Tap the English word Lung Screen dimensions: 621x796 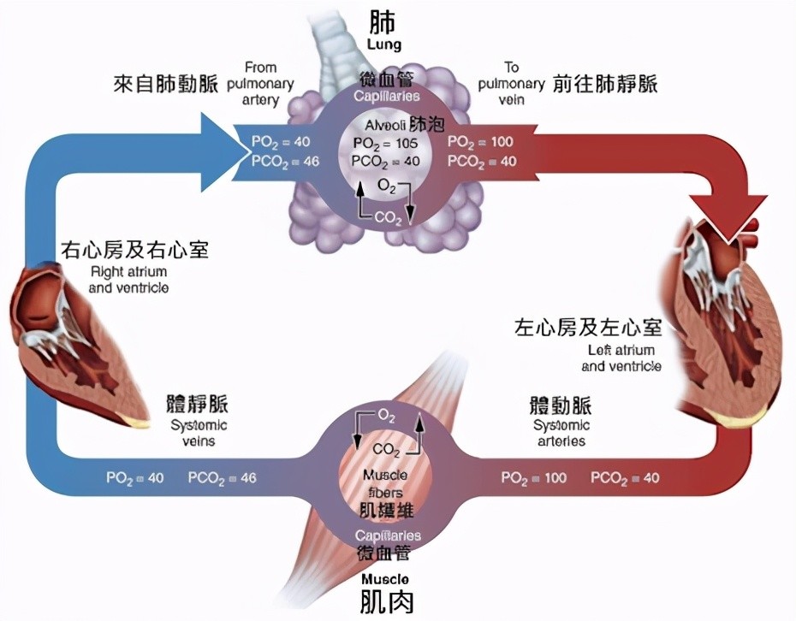point(383,44)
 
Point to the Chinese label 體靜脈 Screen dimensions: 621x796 point(198,404)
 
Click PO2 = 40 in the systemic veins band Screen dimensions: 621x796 point(134,478)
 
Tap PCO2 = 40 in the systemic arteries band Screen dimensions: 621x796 point(625,478)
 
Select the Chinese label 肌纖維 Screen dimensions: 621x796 point(388,511)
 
